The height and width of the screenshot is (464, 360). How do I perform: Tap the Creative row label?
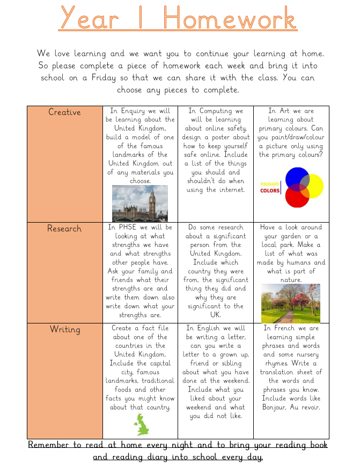click(64, 112)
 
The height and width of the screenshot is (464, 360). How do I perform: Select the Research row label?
click(64, 229)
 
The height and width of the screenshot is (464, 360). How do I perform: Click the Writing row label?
click(64, 329)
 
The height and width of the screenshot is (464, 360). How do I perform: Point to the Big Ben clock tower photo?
click(140, 203)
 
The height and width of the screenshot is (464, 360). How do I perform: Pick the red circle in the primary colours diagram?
click(297, 196)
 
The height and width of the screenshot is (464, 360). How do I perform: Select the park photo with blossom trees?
click(290, 303)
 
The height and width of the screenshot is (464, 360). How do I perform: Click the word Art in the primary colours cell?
click(284, 111)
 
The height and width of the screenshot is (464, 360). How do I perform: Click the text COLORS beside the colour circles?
click(270, 190)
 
